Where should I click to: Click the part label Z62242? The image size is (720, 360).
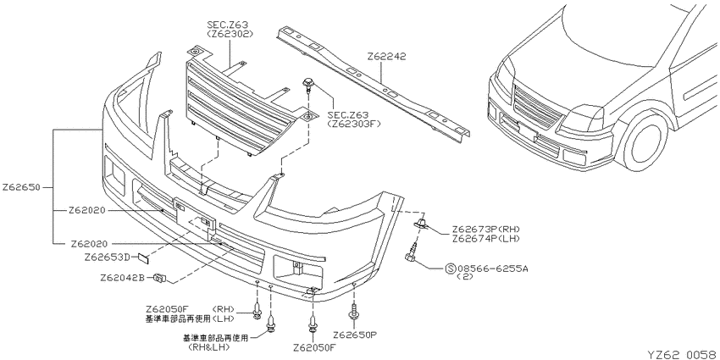click(386, 57)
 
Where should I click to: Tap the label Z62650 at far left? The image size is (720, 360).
click(21, 187)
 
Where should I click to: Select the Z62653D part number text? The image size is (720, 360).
click(107, 258)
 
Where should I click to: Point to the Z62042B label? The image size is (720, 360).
click(122, 278)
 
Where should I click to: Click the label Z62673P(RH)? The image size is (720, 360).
click(486, 230)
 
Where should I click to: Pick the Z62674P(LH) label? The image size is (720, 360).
click(486, 238)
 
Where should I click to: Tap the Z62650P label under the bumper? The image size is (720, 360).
click(354, 335)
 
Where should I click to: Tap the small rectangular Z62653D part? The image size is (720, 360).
click(143, 258)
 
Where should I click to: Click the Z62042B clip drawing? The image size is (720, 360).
click(160, 278)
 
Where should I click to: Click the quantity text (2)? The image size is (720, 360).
click(465, 277)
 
